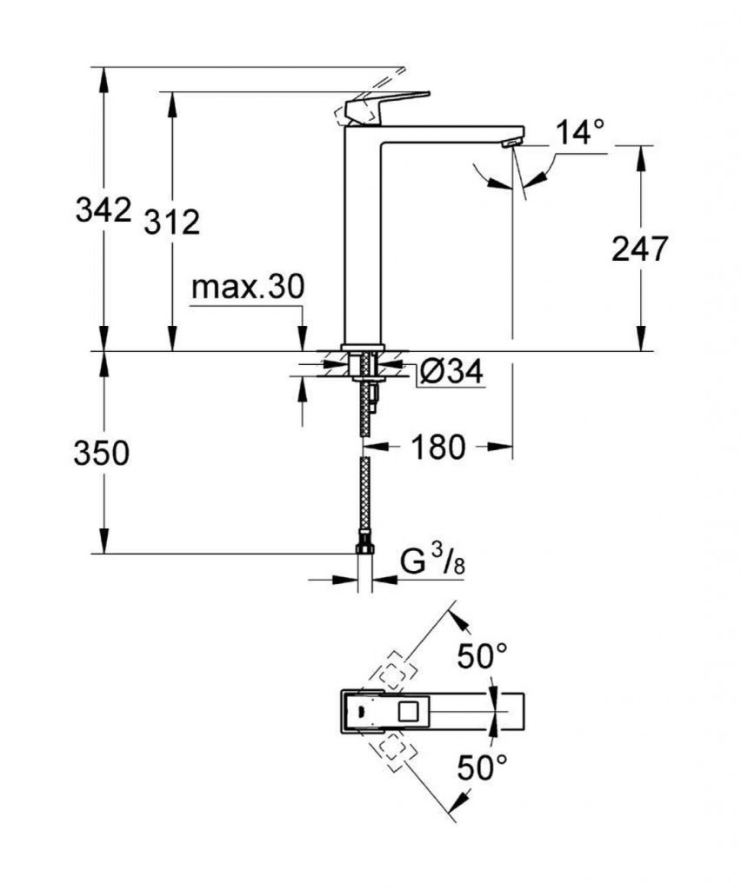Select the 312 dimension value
(x=171, y=222)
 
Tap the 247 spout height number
(x=640, y=249)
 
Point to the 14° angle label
(x=580, y=133)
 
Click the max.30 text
(x=248, y=288)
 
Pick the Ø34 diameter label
(x=450, y=372)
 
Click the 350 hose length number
(x=102, y=453)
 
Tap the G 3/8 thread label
(x=432, y=562)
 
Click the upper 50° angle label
(x=483, y=656)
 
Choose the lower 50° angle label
(x=483, y=768)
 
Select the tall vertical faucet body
(x=364, y=235)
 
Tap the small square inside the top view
(x=406, y=714)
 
